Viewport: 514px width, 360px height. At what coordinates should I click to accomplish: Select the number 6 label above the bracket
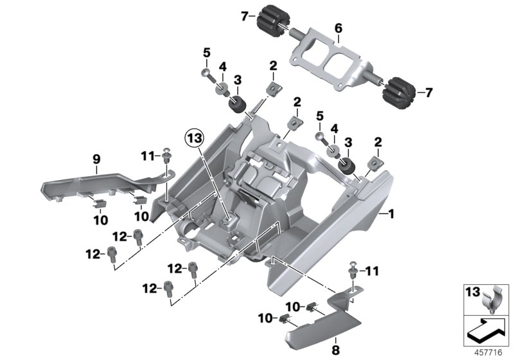pos(338,28)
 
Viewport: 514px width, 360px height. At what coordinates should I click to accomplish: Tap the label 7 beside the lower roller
pos(429,93)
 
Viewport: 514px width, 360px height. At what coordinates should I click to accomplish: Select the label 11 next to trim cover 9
pos(147,155)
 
